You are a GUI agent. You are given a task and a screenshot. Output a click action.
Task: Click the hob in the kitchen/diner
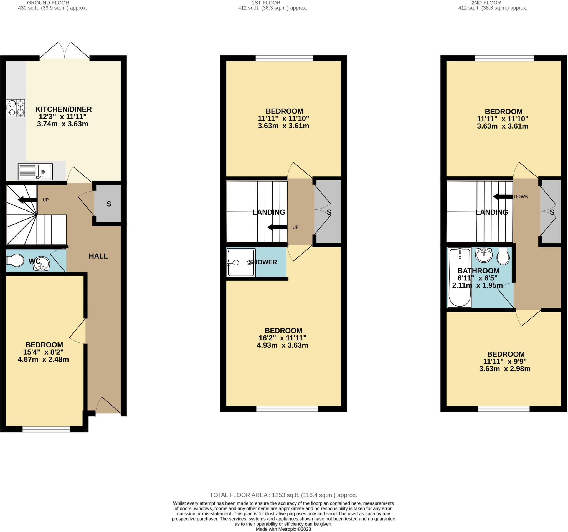[16, 108]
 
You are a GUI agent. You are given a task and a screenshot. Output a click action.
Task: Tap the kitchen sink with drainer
[35, 172]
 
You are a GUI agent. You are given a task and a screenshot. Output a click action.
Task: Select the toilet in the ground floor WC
[16, 260]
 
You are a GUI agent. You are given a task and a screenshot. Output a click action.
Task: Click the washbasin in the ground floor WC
[41, 264]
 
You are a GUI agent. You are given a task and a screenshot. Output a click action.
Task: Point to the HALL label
[98, 256]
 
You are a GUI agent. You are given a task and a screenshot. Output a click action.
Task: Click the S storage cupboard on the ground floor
[108, 204]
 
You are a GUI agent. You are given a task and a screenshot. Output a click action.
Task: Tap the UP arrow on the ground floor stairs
[27, 200]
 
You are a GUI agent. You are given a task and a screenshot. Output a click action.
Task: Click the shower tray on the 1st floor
[241, 263]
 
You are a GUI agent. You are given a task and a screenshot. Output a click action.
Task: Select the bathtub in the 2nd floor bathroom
[460, 277]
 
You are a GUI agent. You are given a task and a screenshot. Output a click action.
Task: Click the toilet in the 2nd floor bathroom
[503, 256]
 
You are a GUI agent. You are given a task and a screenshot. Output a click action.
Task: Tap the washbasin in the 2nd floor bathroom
[484, 255]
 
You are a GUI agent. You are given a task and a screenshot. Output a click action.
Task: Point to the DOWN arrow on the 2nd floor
[503, 197]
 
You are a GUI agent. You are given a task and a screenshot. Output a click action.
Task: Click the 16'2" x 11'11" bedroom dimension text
[282, 338]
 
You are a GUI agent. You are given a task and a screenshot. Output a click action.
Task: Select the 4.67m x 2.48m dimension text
[43, 359]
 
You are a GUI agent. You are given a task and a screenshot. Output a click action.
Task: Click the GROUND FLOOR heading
[48, 3]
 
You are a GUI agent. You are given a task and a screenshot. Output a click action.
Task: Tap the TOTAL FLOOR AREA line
[283, 495]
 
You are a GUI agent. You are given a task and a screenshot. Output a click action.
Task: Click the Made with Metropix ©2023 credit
[283, 529]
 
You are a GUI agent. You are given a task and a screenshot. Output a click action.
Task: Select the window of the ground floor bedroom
[46, 429]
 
